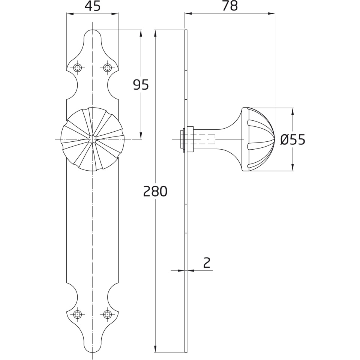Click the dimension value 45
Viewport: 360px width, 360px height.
pos(93,6)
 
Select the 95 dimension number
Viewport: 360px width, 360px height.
pos(141,85)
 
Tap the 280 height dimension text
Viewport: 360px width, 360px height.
pos(155,192)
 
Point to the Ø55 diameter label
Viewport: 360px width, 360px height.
pos(293,139)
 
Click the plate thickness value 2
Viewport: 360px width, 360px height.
pos(207,263)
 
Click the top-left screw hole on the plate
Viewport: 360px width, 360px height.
pos(78,67)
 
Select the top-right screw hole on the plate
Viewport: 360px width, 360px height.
pos(107,67)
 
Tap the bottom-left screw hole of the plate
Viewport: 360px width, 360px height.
pos(78,314)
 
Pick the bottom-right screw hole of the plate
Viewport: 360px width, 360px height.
pos(107,314)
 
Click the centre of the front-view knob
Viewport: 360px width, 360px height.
pos(93,139)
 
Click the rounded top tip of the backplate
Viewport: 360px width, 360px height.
pos(93,30)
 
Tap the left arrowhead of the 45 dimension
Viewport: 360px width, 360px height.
pos(70,14)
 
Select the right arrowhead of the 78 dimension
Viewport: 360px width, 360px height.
pos(272,13)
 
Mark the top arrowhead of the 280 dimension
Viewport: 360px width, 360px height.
pos(155,33)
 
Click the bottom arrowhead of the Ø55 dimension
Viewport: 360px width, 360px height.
pos(292,168)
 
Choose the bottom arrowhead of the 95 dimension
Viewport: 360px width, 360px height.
pos(141,136)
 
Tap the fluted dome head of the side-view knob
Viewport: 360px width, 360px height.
pos(258,139)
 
